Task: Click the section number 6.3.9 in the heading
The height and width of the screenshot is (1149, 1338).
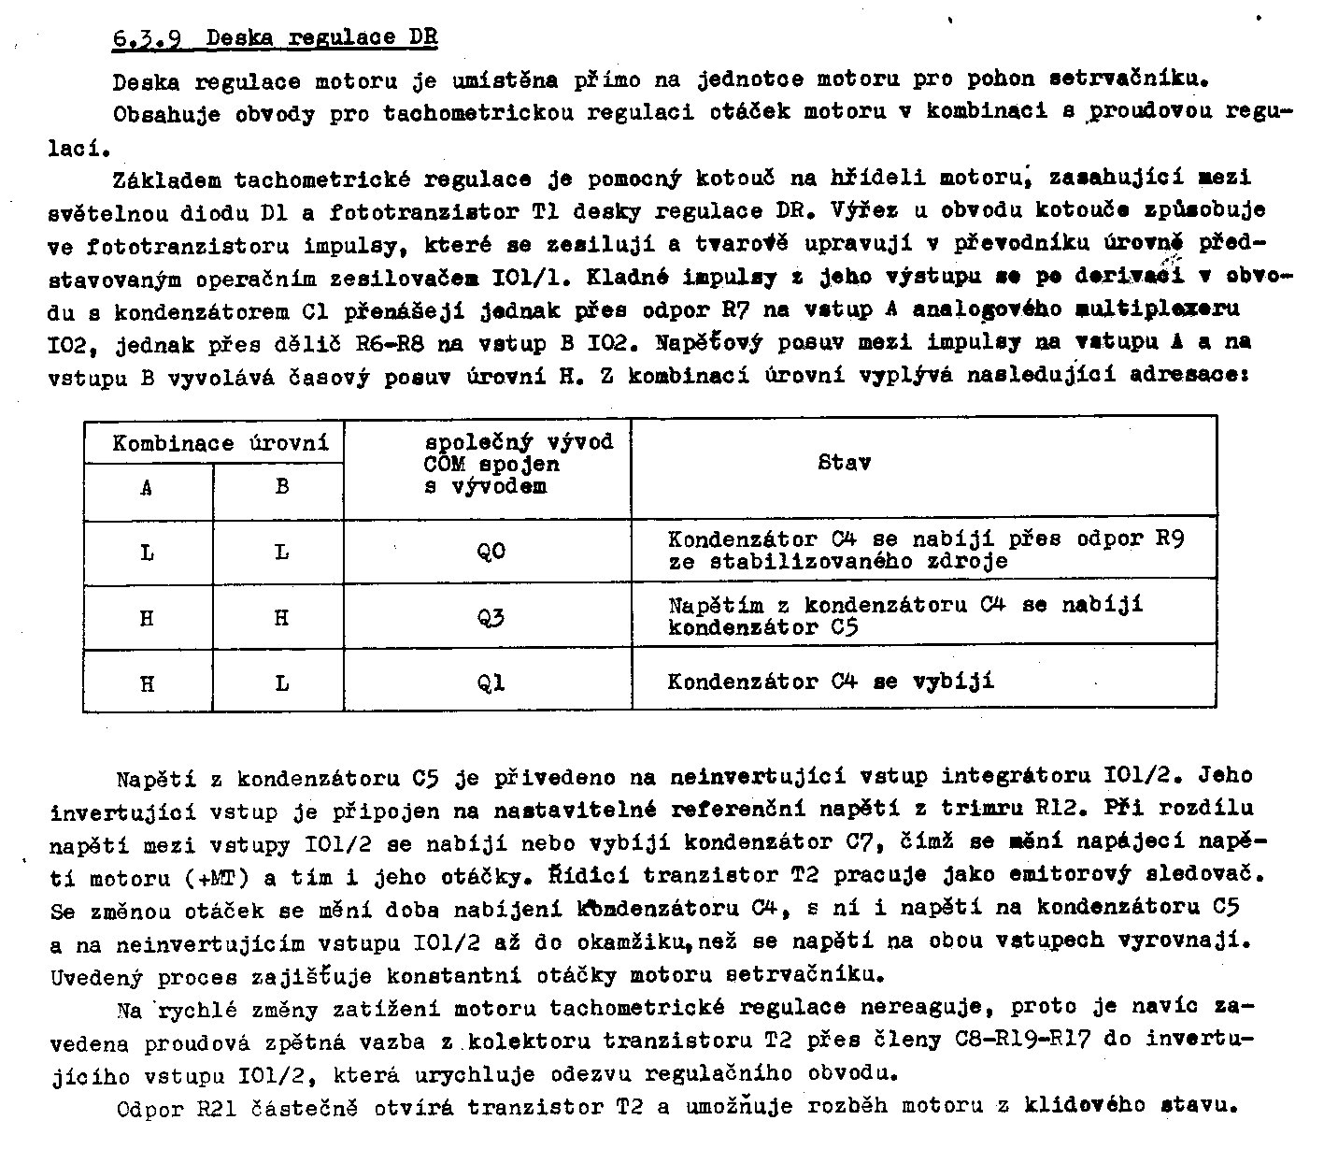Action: (x=146, y=39)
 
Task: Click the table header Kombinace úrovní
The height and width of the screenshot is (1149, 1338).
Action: (x=221, y=443)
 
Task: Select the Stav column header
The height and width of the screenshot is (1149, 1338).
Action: (x=845, y=462)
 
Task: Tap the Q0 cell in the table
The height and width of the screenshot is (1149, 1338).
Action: (x=491, y=552)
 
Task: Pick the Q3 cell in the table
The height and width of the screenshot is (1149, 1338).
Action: (x=491, y=618)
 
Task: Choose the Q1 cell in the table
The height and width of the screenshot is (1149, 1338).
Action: (x=491, y=682)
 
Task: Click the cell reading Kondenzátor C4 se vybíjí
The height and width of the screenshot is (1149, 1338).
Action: (x=831, y=682)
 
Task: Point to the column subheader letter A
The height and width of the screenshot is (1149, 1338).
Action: (x=147, y=487)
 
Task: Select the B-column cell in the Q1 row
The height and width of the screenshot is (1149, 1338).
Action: (x=281, y=683)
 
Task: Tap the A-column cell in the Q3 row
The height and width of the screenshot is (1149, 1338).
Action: (x=147, y=618)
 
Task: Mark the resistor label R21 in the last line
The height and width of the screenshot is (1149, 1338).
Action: (x=219, y=1109)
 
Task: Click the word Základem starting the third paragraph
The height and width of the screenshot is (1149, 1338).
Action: (x=165, y=179)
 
